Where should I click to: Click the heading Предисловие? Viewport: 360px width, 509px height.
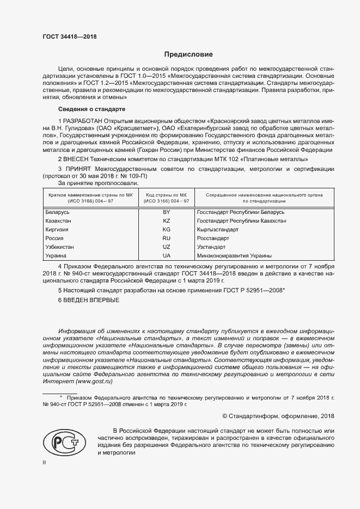tap(189, 54)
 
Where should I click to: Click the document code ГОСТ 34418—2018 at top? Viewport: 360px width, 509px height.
tap(69, 37)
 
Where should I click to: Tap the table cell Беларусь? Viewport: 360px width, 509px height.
tap(57, 212)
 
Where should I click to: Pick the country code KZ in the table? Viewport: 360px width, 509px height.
tap(167, 220)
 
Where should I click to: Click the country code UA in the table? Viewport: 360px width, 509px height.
tap(167, 255)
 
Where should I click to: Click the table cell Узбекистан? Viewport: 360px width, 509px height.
tap(59, 247)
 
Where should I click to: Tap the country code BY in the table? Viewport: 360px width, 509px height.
tap(167, 212)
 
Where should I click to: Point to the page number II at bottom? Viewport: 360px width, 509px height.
tap(45, 462)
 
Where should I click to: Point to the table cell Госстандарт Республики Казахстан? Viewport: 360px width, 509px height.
tap(241, 220)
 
